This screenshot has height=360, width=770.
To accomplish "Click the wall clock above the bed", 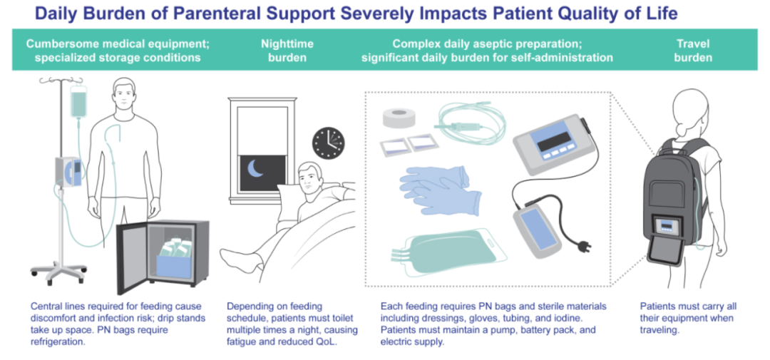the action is [x=329, y=143].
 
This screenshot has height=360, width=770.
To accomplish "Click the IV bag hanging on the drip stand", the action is [x=78, y=102].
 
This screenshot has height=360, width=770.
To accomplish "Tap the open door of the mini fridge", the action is [x=132, y=258].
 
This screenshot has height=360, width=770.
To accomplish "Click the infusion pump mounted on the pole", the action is [x=68, y=171].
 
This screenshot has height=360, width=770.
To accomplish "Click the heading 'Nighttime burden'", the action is [x=287, y=51].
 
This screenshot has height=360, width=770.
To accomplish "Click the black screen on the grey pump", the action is [x=555, y=142].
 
